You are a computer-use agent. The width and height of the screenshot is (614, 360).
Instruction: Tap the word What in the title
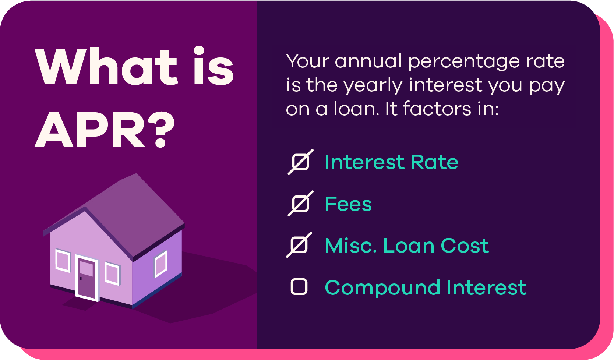tap(107, 67)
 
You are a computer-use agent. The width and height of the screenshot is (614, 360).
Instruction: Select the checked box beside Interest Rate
tap(300, 162)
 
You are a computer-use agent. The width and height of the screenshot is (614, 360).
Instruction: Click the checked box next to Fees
tap(300, 204)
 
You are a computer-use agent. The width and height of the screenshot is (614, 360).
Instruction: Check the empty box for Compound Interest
tap(299, 287)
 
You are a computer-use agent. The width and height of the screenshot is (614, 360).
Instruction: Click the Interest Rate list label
tap(391, 162)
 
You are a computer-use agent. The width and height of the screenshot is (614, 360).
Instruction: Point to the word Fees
tap(348, 204)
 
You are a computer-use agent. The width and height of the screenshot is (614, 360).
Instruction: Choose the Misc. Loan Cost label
tap(407, 246)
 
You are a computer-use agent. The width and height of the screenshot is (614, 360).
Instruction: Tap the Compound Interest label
tap(426, 287)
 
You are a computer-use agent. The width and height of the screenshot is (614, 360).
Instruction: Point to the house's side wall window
tap(161, 264)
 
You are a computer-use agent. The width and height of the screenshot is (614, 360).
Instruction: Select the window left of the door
tap(63, 261)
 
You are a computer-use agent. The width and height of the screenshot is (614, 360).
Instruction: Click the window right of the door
tap(112, 273)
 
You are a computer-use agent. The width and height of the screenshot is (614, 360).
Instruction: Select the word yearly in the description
tap(373, 86)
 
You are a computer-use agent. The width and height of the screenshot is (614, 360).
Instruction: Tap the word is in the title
tap(214, 67)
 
